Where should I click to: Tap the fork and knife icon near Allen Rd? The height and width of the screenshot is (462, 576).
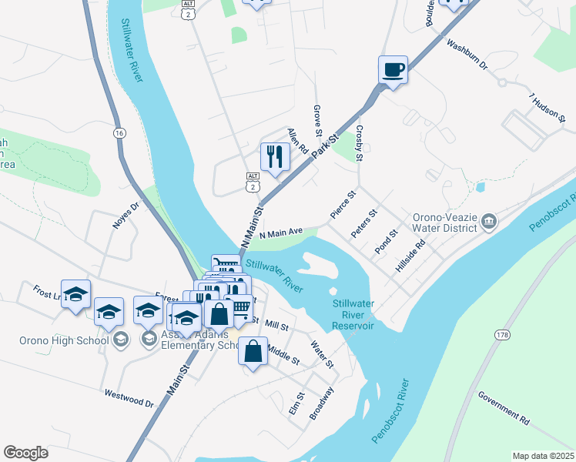click(x=275, y=157)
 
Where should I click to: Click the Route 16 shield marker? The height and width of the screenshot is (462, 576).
click(x=119, y=133)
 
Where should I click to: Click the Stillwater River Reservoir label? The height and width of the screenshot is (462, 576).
click(x=353, y=314)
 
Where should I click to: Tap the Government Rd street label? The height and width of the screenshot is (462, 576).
click(x=504, y=407)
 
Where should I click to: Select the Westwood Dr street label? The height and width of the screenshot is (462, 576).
click(x=129, y=397)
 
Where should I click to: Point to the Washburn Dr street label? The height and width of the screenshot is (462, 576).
click(x=467, y=55)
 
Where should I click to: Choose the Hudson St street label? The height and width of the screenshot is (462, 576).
click(x=548, y=109)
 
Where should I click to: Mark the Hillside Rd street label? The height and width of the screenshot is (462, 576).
click(x=410, y=259)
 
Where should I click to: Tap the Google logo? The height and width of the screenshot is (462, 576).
click(x=25, y=452)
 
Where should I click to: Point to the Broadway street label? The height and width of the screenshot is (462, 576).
click(x=321, y=403)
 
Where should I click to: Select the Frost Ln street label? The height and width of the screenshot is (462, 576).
click(x=46, y=292)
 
